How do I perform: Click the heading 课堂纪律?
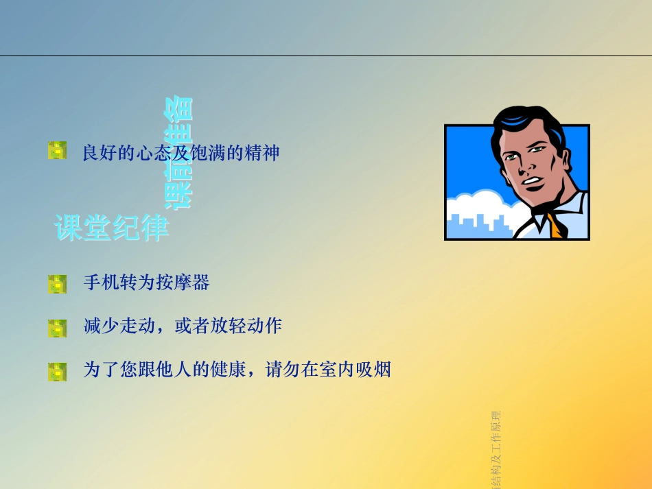tap(112, 228)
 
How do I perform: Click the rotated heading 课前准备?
tap(178, 152)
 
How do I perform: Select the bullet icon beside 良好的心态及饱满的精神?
tap(57, 151)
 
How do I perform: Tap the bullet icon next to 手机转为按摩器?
tap(57, 284)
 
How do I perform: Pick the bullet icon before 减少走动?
tap(57, 328)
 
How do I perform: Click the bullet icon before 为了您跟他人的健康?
tap(57, 372)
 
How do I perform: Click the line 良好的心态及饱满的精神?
tap(181, 152)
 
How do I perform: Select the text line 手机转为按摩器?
tap(146, 283)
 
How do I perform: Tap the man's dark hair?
tap(528, 123)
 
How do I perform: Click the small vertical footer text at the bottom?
tap(496, 449)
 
